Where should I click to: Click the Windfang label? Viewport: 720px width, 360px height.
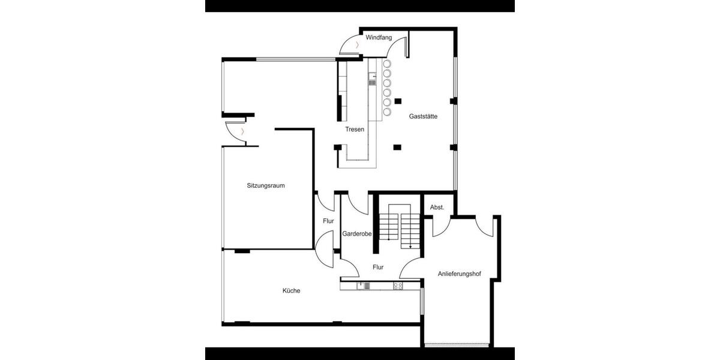[379, 38]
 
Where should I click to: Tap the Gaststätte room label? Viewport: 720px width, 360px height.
[423, 116]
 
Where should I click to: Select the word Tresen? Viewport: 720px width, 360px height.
[355, 129]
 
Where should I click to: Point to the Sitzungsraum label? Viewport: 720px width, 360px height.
[265, 185]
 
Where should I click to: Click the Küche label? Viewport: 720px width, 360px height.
[292, 291]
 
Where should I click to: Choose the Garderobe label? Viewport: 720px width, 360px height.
[357, 233]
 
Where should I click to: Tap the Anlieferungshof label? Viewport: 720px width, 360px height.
[460, 274]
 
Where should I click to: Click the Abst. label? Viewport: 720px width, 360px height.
[437, 207]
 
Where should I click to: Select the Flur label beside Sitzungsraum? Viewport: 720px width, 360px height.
[328, 221]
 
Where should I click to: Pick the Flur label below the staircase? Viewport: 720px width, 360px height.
[378, 267]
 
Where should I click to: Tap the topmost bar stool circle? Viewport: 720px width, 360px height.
[387, 64]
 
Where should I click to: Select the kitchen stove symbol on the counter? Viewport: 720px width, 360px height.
[398, 286]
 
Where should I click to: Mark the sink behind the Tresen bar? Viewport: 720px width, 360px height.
[372, 79]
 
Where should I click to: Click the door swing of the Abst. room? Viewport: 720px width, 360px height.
[441, 226]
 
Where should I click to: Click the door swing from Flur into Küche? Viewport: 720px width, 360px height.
[326, 250]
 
